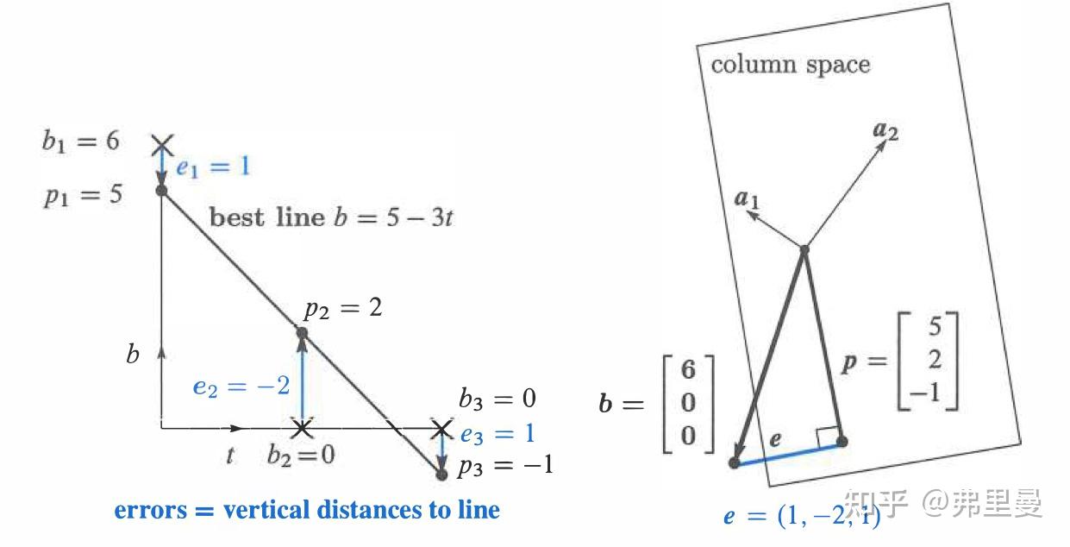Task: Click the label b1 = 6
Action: click(80, 141)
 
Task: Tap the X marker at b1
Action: click(162, 145)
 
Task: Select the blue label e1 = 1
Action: click(213, 167)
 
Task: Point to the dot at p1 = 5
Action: click(162, 191)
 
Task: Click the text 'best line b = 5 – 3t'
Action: click(331, 217)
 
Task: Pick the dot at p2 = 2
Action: click(302, 333)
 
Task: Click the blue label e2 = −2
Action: click(241, 386)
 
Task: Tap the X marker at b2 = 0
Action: click(302, 428)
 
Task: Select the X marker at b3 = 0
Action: click(441, 429)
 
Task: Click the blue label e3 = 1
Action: click(497, 434)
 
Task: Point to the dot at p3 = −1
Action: click(441, 475)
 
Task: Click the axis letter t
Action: click(230, 456)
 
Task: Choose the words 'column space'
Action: click(791, 65)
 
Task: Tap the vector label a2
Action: click(885, 130)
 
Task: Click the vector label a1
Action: click(747, 198)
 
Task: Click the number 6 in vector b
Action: click(688, 369)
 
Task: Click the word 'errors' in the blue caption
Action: click(151, 510)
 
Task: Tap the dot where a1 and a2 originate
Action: click(804, 249)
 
